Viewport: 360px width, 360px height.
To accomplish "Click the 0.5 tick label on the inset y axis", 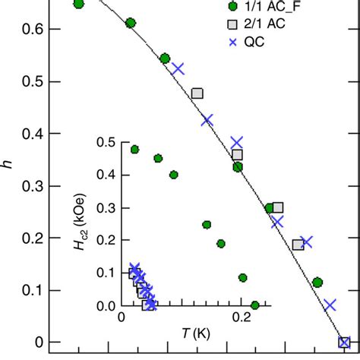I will coord(105,142).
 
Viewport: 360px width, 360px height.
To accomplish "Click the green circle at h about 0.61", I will coord(131,23).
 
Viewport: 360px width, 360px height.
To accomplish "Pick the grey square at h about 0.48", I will coord(197,93).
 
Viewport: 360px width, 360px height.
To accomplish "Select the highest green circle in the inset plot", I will coord(135,150).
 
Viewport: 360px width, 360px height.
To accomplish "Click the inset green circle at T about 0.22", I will coord(254,305).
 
